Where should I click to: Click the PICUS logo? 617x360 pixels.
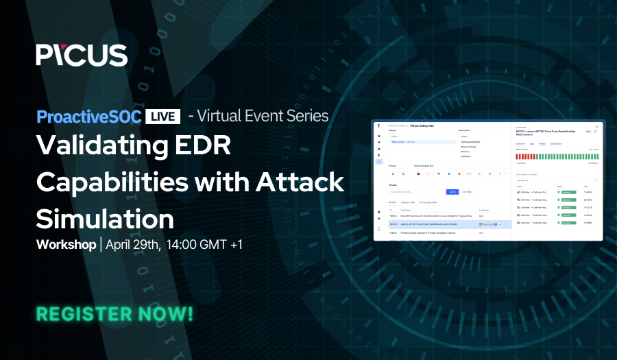tap(82, 55)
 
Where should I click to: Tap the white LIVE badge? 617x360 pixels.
tap(162, 115)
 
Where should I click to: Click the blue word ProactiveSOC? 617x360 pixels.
tap(88, 115)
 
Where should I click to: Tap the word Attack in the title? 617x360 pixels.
tap(300, 182)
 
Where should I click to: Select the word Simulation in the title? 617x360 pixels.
tap(105, 218)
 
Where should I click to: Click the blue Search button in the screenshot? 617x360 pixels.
tap(452, 191)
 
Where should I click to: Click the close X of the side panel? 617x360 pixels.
tap(596, 127)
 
